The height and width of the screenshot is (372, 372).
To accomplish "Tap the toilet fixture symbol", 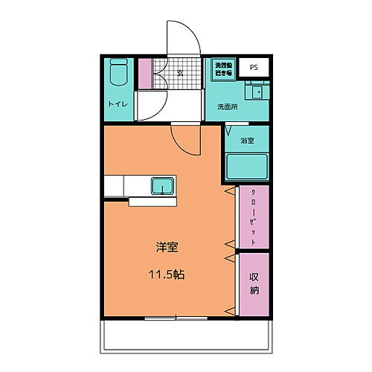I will pyautogui.click(x=118, y=75).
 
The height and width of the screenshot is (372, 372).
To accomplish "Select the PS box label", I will pyautogui.click(x=254, y=68).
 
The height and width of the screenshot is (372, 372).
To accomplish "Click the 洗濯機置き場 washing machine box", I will pyautogui.click(x=223, y=68).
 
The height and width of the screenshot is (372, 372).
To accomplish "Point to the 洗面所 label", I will pyautogui.click(x=227, y=107).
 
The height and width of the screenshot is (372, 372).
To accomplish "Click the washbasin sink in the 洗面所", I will pyautogui.click(x=258, y=93).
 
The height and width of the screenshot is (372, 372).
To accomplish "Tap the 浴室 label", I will pyautogui.click(x=247, y=141).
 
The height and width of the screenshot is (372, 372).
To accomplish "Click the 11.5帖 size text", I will pyautogui.click(x=167, y=274).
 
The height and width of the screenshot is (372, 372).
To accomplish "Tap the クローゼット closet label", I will pyautogui.click(x=253, y=218).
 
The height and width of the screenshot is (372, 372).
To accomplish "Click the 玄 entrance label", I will pyautogui.click(x=180, y=72).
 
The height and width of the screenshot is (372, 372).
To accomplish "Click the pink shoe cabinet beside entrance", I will pyautogui.click(x=145, y=74).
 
